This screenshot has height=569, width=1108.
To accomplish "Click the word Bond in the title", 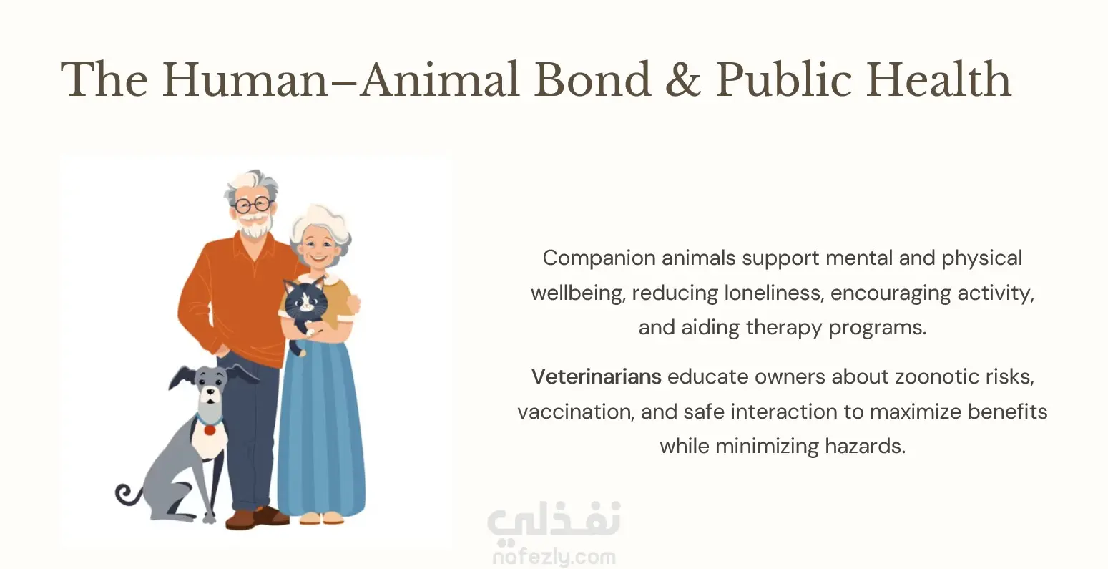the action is (x=592, y=79).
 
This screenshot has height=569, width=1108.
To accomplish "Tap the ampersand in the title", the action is (x=682, y=79).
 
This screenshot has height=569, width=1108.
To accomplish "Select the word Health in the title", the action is (x=938, y=79).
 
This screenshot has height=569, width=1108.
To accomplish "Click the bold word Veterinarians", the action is (x=596, y=376).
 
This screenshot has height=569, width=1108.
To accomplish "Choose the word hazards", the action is (x=865, y=447).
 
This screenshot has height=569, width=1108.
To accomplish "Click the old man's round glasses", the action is (x=253, y=205).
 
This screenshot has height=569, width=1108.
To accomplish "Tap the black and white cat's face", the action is (x=305, y=299).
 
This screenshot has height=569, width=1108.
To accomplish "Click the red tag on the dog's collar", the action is (x=210, y=430).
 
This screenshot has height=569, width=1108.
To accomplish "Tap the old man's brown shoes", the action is (x=256, y=517).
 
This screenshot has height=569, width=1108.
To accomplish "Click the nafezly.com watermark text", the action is (x=554, y=557).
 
